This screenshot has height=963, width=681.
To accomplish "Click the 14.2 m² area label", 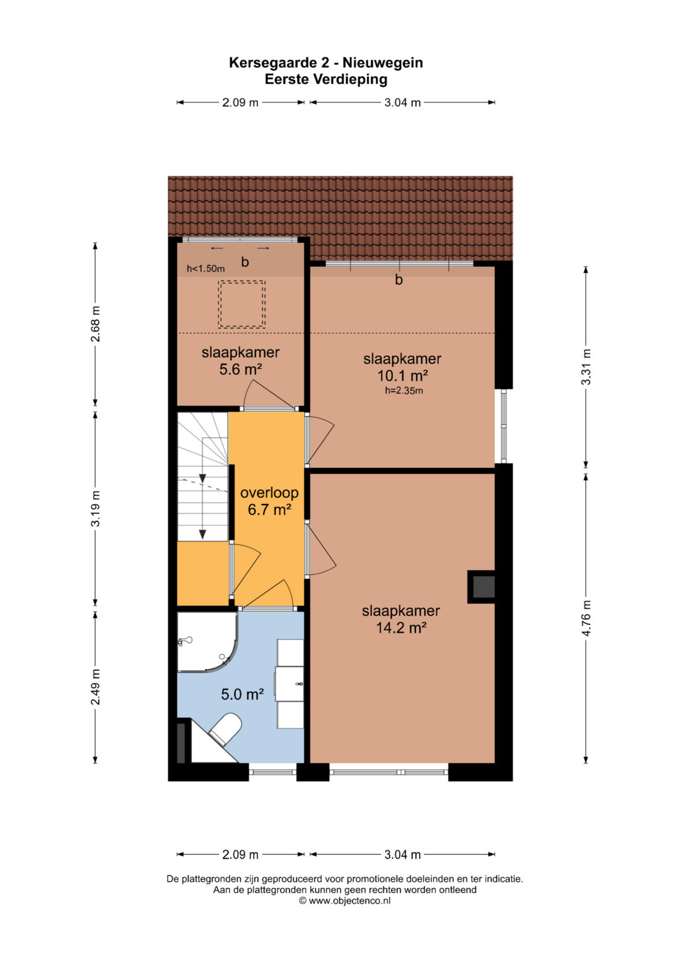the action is point(401,628).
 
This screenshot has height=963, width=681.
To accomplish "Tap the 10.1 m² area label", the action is point(402,376).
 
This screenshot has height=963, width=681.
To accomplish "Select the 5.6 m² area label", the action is point(241,369).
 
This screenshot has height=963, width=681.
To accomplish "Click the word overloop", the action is point(269,493).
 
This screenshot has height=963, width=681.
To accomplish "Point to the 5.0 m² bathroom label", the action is point(242,694).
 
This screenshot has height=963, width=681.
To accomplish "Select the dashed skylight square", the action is point(241,304).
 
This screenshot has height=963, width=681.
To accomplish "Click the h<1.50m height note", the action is point(206,269).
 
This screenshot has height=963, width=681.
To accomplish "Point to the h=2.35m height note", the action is point(404,391).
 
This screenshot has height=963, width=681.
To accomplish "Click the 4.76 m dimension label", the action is point(588,617).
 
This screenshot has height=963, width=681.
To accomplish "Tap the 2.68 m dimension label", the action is point(95,324).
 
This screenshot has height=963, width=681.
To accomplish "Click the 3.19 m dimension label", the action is point(95,508).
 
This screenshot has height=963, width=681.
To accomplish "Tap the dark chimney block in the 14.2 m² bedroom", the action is point(482,587).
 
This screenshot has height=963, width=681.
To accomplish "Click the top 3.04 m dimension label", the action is point(402,103).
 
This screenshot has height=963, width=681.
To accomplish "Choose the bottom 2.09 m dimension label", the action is point(240,855).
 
